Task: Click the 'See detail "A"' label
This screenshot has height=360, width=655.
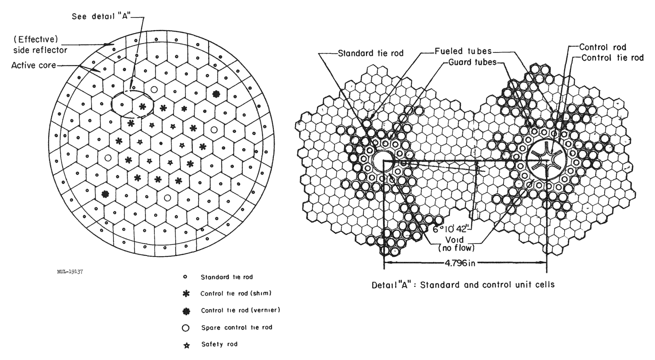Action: (x=101, y=16)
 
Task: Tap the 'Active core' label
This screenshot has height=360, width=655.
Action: (x=33, y=65)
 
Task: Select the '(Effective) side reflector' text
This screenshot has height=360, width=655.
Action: (x=41, y=44)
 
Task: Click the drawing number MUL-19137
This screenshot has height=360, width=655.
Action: (x=70, y=272)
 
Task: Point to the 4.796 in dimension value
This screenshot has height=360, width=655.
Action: (x=460, y=263)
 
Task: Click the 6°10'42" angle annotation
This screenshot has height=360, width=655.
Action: (x=451, y=229)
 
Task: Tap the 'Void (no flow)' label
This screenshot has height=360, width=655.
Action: (x=456, y=244)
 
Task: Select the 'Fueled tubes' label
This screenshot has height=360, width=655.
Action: (x=463, y=51)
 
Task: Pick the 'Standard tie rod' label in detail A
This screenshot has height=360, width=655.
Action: (x=371, y=53)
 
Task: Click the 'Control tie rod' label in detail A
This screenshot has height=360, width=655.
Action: (x=612, y=58)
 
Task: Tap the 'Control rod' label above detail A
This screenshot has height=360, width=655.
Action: (x=603, y=47)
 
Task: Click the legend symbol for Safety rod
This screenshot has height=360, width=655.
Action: (x=186, y=345)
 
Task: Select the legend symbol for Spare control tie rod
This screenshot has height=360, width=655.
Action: (x=185, y=328)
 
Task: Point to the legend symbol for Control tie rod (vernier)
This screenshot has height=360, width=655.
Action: (x=186, y=311)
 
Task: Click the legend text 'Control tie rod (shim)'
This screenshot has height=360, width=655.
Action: (x=236, y=293)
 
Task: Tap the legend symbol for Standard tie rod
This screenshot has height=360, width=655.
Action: (x=185, y=277)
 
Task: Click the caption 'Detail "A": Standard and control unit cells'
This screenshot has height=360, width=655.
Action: (x=463, y=285)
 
